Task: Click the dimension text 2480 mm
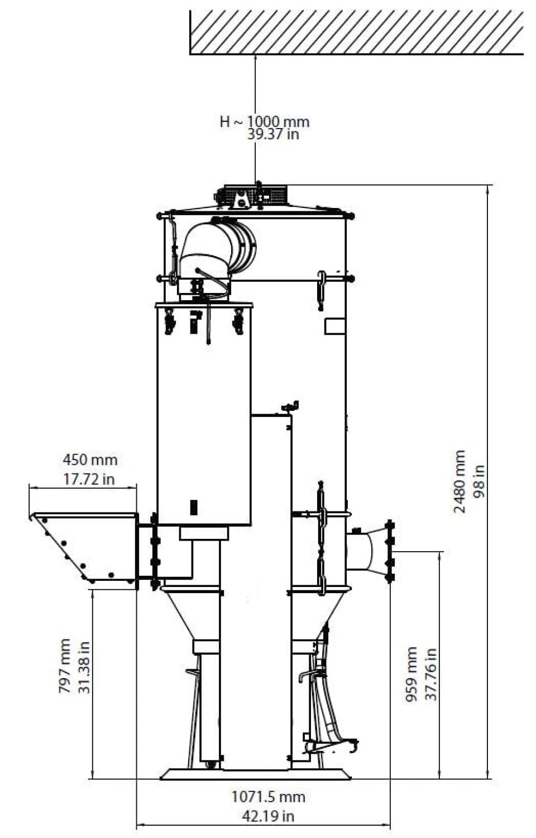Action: click(460, 481)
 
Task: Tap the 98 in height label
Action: click(478, 481)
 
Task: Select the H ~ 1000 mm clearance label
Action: click(265, 121)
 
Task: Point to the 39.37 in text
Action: click(273, 134)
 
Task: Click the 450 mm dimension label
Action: click(90, 460)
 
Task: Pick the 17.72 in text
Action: click(89, 479)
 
